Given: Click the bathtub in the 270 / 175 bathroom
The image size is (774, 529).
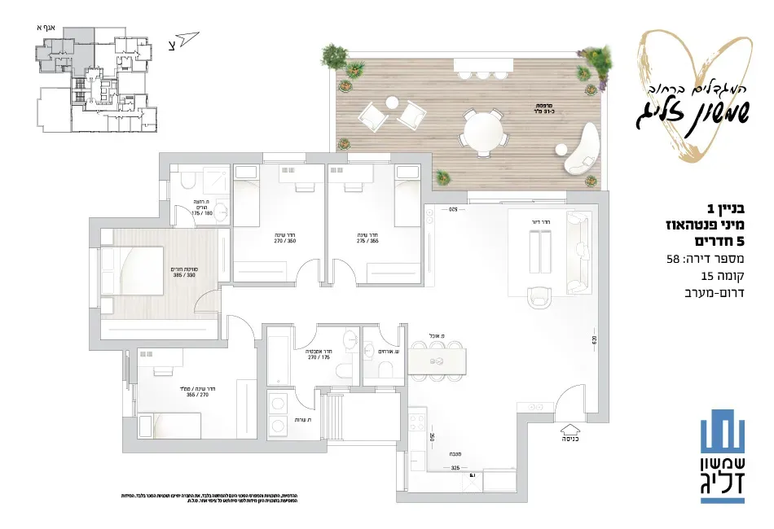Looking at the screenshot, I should tap(278, 358).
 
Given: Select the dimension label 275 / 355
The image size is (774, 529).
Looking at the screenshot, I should tap(367, 240).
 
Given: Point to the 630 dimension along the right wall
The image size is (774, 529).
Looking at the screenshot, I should tap(595, 339).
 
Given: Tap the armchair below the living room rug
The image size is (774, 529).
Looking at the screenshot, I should tap(539, 297).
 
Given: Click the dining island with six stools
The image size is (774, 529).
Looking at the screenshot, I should tap(438, 360).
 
